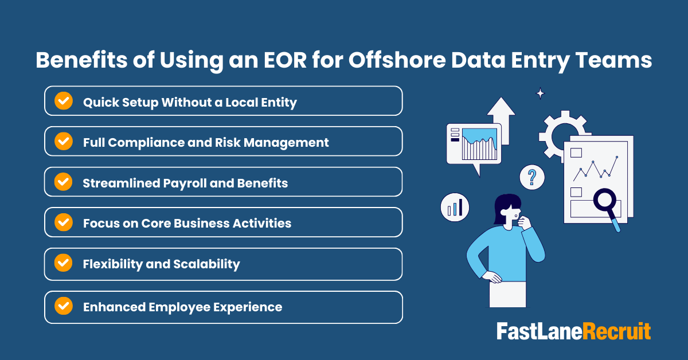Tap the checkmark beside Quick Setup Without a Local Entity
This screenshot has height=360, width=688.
coord(63,101)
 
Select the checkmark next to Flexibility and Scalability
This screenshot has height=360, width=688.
coord(63,263)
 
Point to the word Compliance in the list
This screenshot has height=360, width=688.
coord(146,142)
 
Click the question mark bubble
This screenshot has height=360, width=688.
coord(532,177)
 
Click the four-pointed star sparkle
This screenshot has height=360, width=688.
coord(540,93)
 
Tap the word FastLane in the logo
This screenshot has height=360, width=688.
coord(539,331)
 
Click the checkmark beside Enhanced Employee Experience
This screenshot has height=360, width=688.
coord(63,306)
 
